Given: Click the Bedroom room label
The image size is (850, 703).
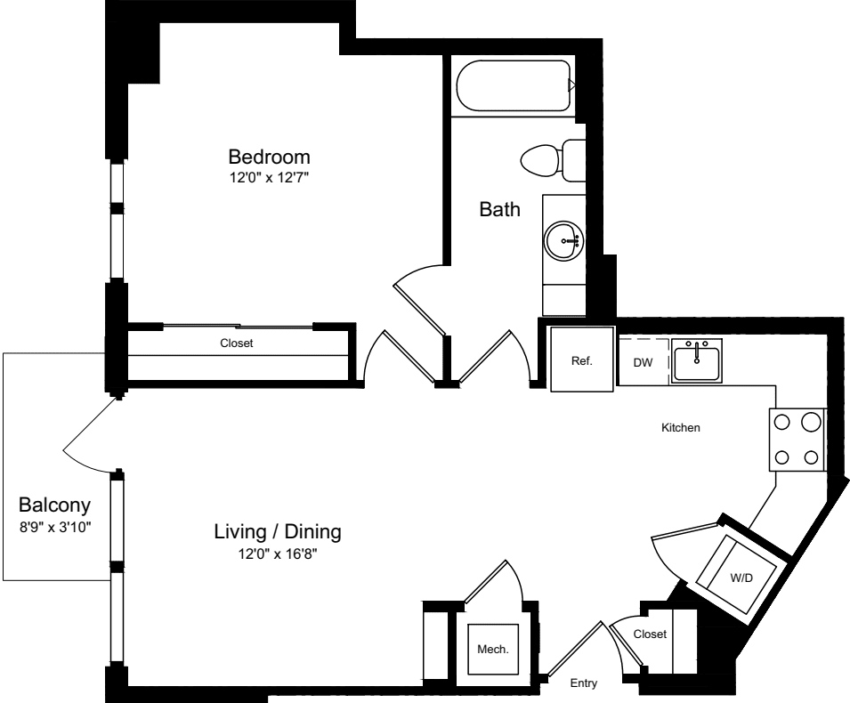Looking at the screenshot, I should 269,155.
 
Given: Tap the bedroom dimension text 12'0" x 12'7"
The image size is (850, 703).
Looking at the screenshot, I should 269,177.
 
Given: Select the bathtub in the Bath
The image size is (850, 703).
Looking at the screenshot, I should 514,86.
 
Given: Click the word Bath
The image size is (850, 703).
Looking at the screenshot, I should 499,210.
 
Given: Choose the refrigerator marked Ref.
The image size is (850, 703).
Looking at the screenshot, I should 581,360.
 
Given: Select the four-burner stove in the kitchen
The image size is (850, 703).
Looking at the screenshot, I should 797,440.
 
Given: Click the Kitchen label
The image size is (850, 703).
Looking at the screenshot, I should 681,428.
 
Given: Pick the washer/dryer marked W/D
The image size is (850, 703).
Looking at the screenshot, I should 741,576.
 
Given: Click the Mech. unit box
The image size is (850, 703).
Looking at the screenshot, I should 493,649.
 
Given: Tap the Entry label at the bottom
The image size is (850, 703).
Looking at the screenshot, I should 583,683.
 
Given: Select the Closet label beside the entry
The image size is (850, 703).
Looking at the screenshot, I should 650,634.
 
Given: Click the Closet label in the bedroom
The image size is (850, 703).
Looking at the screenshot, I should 237,343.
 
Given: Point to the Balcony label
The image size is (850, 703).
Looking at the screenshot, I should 55,505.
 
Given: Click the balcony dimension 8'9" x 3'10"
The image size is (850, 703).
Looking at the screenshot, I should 55,526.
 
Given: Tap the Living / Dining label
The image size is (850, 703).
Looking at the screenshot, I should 278,532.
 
